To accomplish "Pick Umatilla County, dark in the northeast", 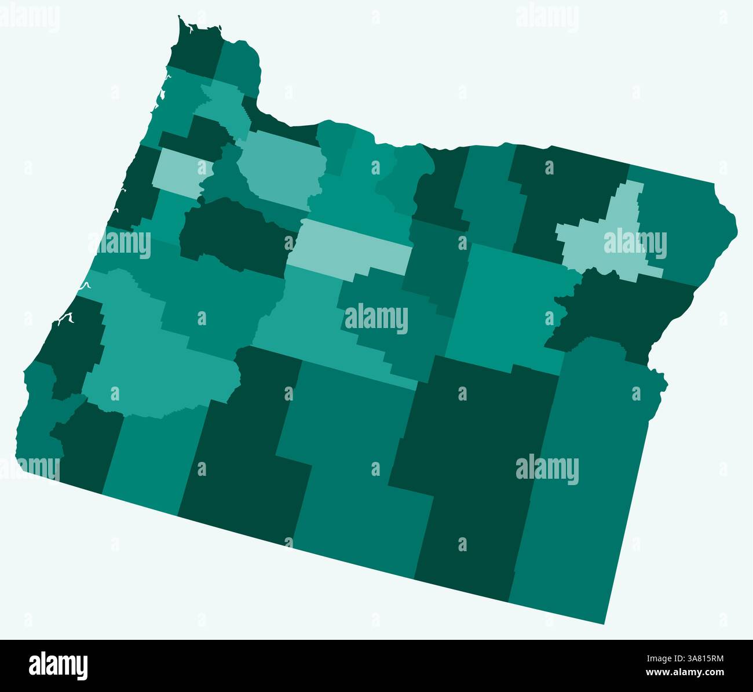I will (x=562, y=191).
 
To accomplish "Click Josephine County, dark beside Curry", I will (x=87, y=440).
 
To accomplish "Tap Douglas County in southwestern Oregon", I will (x=151, y=359).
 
